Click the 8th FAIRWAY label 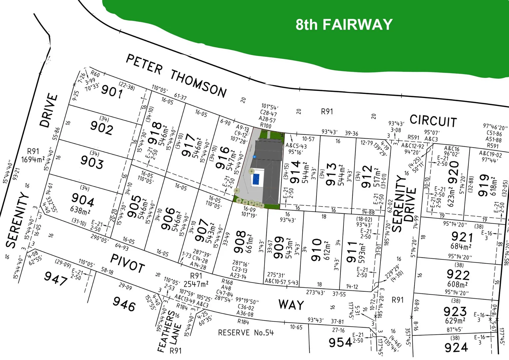click(x=344, y=25)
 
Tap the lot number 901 click(x=112, y=91)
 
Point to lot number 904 click(x=83, y=200)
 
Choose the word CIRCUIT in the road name click(x=433, y=121)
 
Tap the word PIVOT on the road click(x=127, y=263)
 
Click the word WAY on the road click(x=291, y=305)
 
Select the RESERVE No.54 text click(x=246, y=333)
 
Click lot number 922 click(x=458, y=275)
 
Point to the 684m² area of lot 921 click(x=461, y=247)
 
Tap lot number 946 click(x=124, y=304)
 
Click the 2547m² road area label click(x=196, y=284)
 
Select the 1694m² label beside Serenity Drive click(x=33, y=160)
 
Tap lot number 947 click(x=56, y=278)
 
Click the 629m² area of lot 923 click(x=455, y=321)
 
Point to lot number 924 click(x=456, y=348)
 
